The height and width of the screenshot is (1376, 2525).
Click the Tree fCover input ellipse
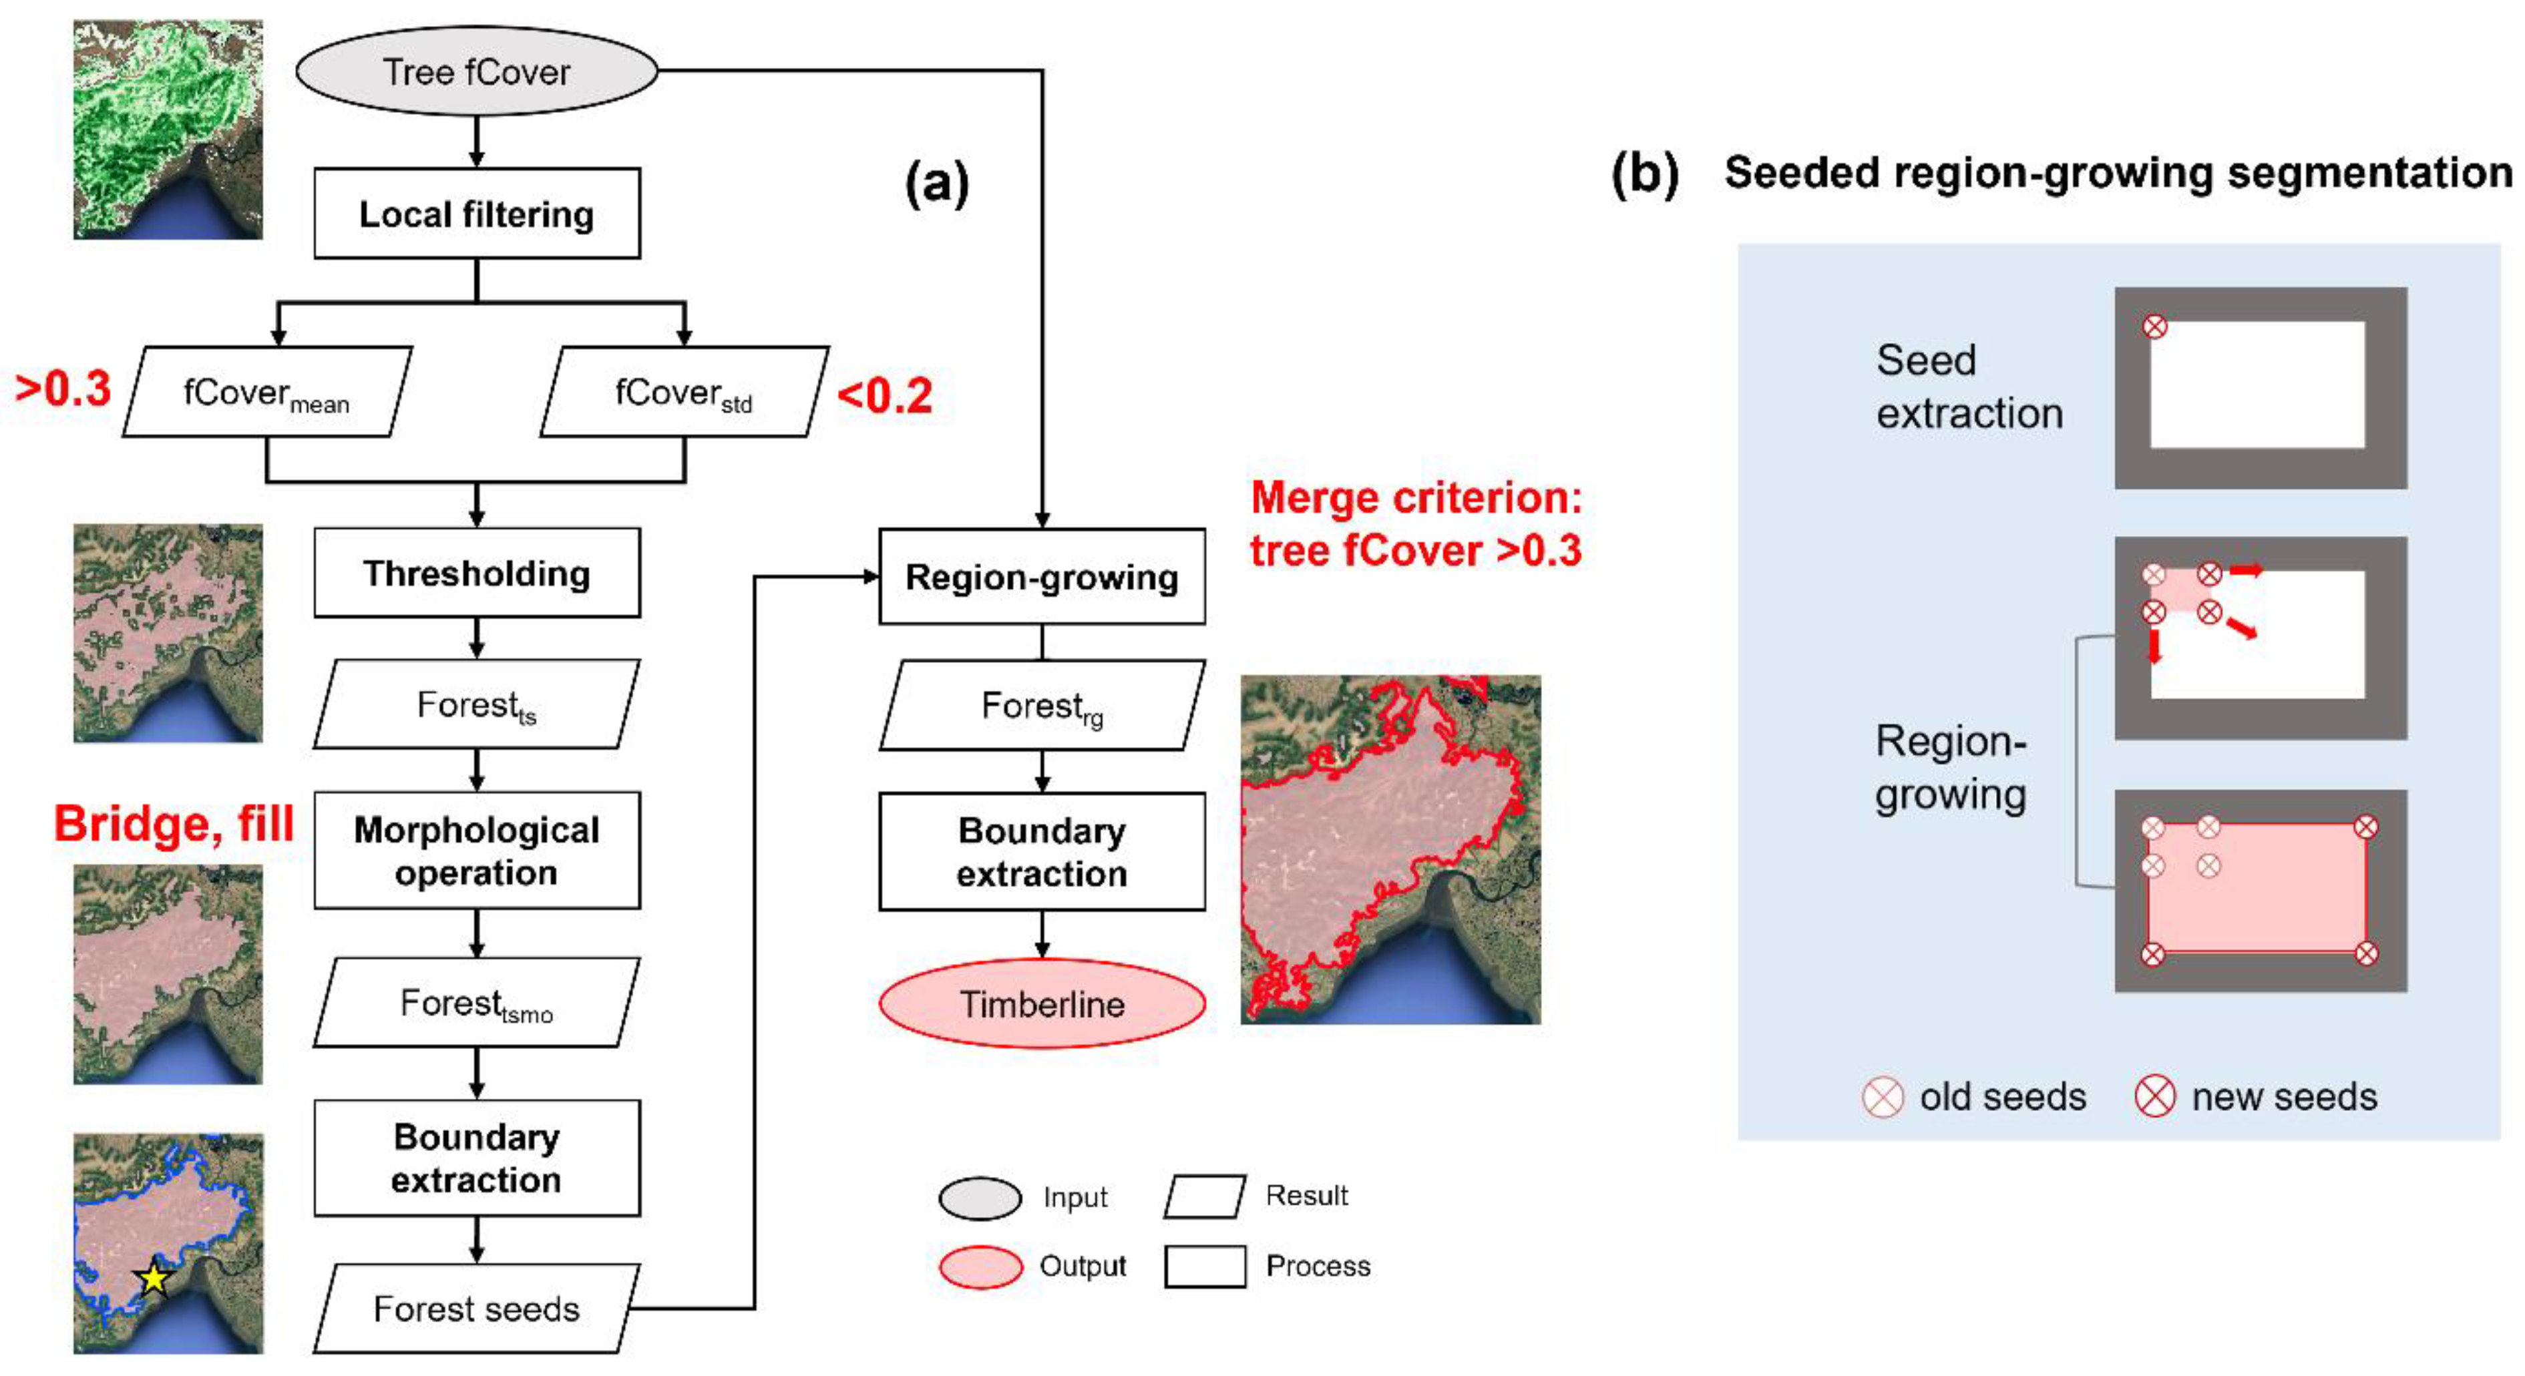(476, 71)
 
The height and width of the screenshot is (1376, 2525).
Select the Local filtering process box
(476, 214)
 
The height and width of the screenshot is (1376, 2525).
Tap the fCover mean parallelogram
(266, 392)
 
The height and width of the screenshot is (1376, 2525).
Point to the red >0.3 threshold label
(63, 389)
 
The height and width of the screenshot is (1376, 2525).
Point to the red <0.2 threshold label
(884, 396)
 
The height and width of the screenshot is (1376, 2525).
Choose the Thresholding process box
(476, 574)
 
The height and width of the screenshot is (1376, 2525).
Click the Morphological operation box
(476, 851)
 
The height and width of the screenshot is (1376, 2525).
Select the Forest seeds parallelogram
(476, 1309)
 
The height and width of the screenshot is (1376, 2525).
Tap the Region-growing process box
(1041, 578)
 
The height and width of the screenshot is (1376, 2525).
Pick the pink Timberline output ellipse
(1041, 1003)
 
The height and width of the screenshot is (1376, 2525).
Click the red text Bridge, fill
(174, 823)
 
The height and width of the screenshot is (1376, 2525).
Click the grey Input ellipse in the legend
(979, 1198)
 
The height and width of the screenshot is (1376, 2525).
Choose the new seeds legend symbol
(2154, 1098)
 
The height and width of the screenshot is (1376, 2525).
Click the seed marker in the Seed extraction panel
(2154, 326)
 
